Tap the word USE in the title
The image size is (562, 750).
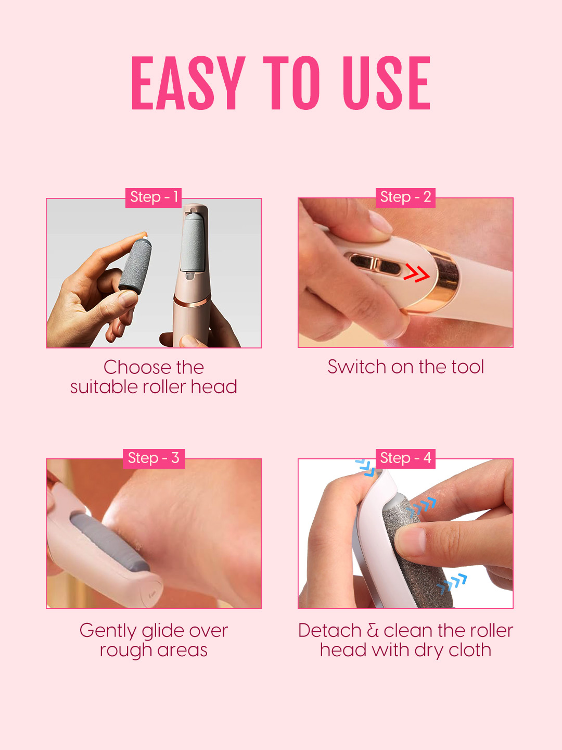pos(386,83)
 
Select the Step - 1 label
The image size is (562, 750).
pos(154,197)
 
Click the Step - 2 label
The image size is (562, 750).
pos(405,197)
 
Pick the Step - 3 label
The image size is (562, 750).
pos(154,458)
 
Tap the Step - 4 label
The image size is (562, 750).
pos(405,458)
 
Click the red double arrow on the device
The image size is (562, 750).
pos(416,273)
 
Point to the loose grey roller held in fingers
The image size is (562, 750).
pos(135,265)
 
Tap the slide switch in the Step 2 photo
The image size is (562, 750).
pos(374,264)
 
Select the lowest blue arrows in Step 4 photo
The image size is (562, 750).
pos(452,583)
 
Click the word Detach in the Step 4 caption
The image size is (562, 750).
pos(329,631)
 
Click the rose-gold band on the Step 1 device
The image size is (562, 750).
pos(192,301)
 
